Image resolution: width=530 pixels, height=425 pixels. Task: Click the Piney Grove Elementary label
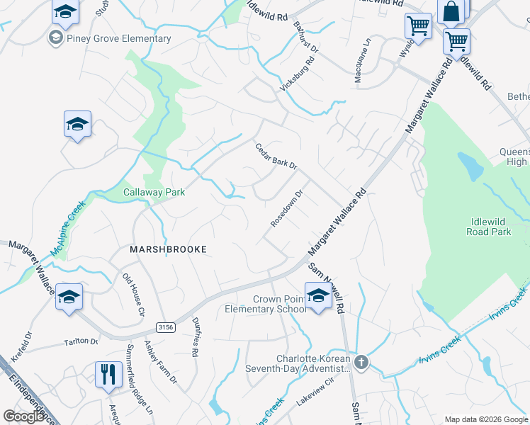coord(119,38)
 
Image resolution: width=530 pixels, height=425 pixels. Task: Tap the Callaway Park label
coord(154,192)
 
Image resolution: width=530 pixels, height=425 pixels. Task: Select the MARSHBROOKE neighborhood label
coord(168,249)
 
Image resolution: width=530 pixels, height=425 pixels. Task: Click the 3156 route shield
coord(166,326)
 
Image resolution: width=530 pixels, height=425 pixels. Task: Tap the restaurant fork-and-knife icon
coord(108,373)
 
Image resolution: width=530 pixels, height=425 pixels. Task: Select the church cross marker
coord(362,363)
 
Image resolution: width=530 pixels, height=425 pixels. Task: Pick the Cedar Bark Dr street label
coord(276,156)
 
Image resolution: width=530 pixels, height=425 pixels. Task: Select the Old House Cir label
coord(133,294)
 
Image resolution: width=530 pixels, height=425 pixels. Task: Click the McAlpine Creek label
coord(68,228)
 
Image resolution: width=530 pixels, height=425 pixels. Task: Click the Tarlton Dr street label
coord(82,341)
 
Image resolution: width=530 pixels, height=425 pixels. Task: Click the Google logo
coord(24,416)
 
